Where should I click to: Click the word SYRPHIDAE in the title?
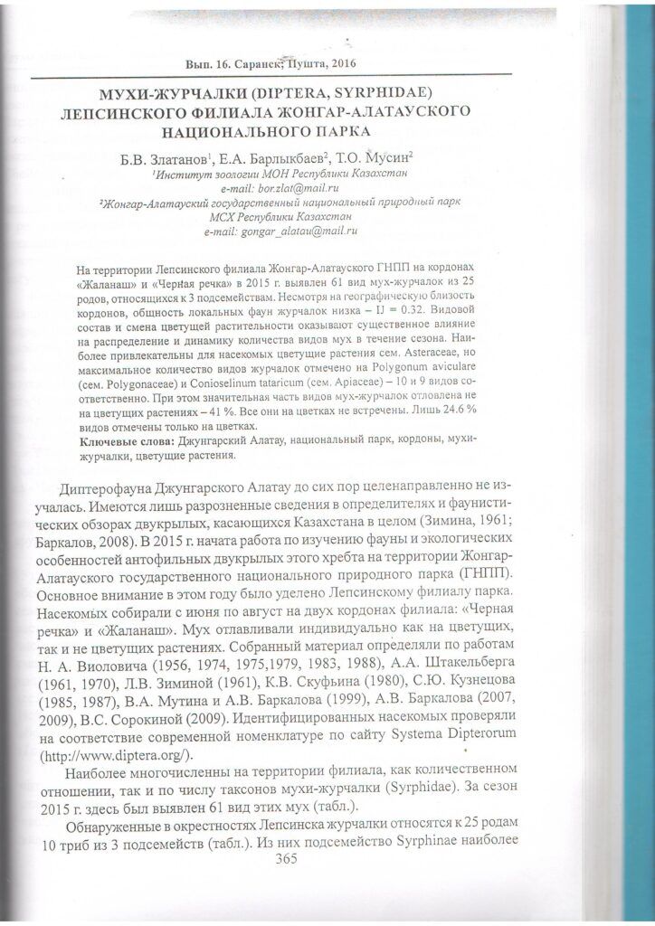click(x=365, y=92)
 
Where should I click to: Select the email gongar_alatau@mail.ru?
click(x=297, y=231)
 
